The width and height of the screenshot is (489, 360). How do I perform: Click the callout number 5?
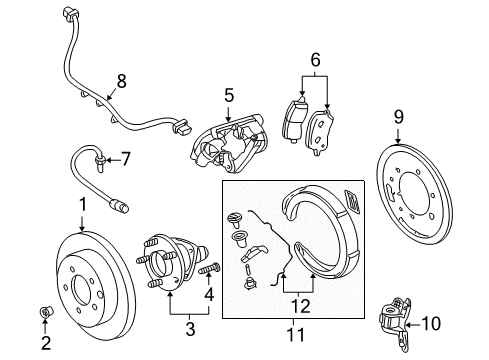228,96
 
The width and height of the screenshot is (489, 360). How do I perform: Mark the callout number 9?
398,117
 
